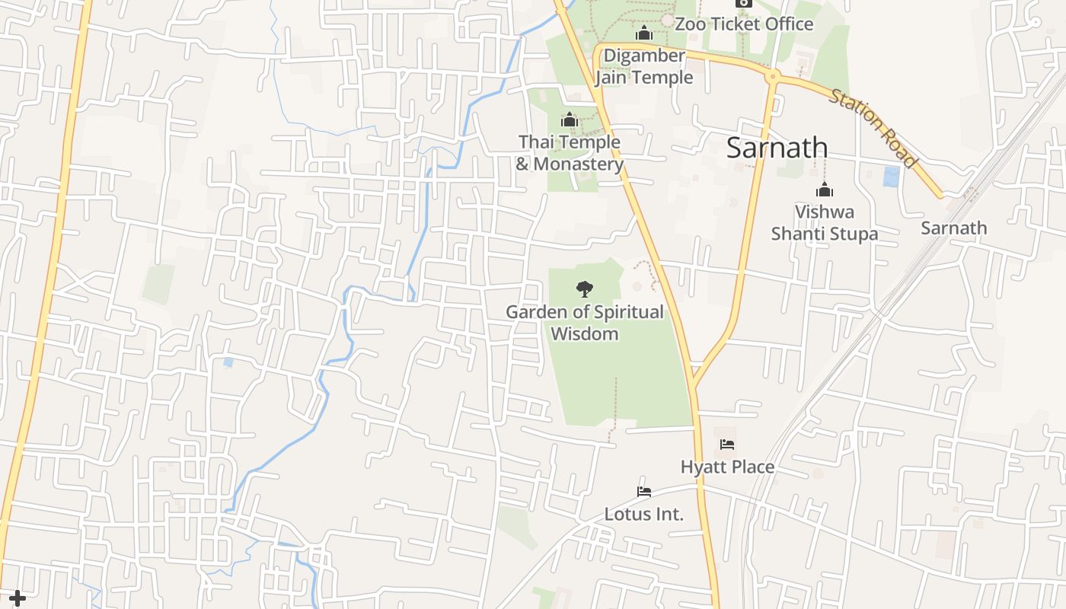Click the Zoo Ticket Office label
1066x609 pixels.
[x=744, y=24]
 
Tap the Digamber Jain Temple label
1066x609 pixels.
[x=644, y=67]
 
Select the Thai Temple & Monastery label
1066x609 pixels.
[x=570, y=153]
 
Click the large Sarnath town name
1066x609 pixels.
[x=777, y=148]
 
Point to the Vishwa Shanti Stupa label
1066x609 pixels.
[x=825, y=222]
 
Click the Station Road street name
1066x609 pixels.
[x=873, y=128]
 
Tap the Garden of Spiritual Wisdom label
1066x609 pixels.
[x=585, y=323]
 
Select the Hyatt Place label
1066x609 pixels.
[x=727, y=467]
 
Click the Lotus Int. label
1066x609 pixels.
[x=644, y=514]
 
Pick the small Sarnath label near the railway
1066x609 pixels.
[x=953, y=228]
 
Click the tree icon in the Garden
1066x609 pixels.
[x=585, y=289]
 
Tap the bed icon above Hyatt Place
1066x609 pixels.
[x=727, y=445]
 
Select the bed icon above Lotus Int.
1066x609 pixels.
[x=644, y=492]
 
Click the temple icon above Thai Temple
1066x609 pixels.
[x=570, y=120]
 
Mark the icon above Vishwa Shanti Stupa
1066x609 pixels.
[x=824, y=190]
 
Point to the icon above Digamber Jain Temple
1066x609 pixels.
[x=644, y=33]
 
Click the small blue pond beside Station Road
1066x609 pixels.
[x=891, y=177]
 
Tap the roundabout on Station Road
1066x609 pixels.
[x=773, y=76]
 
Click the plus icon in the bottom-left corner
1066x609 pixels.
[x=17, y=599]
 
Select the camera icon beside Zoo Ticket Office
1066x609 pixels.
[x=744, y=3]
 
